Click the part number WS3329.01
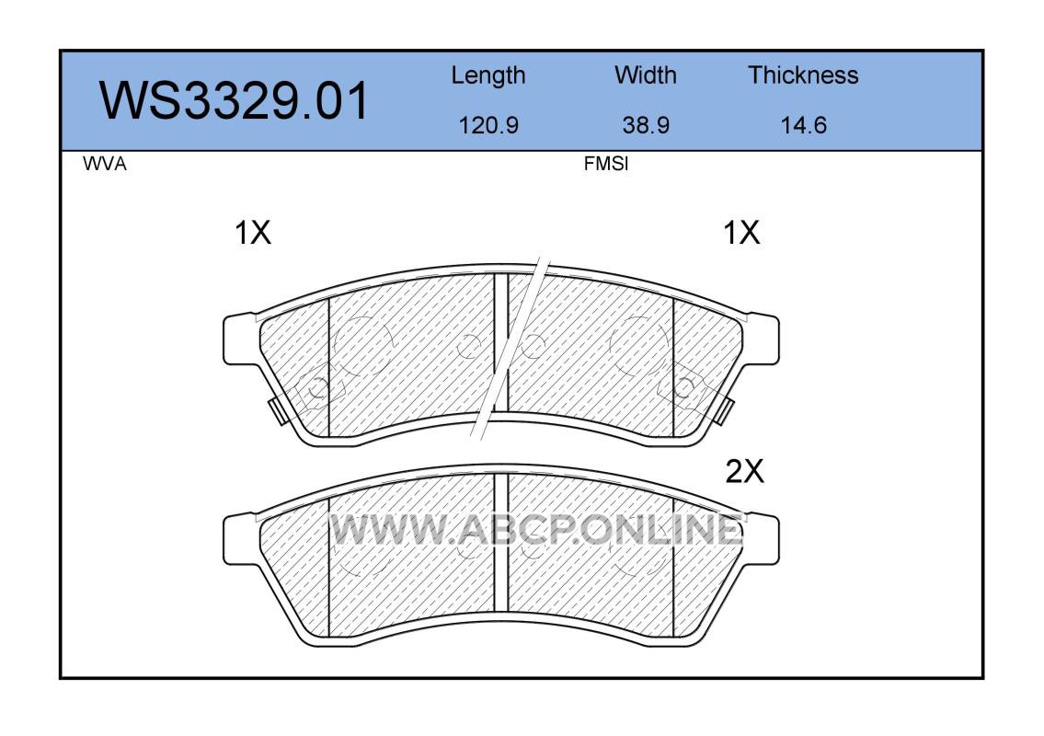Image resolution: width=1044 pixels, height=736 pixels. pos(234,100)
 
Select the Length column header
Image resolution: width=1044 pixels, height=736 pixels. pos(488,76)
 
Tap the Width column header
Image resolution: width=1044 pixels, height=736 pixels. pos(645,75)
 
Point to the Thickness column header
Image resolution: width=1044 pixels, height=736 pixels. pos(803,75)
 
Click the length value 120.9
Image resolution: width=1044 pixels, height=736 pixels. pos(488,125)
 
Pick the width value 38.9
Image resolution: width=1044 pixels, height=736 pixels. pos(645,125)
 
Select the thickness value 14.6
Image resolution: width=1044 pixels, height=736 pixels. pos(803,125)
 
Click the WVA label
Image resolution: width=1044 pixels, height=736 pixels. pos(105,164)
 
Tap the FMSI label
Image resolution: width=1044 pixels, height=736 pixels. pos(606,164)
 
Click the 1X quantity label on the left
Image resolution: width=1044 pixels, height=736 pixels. pos(253,233)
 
